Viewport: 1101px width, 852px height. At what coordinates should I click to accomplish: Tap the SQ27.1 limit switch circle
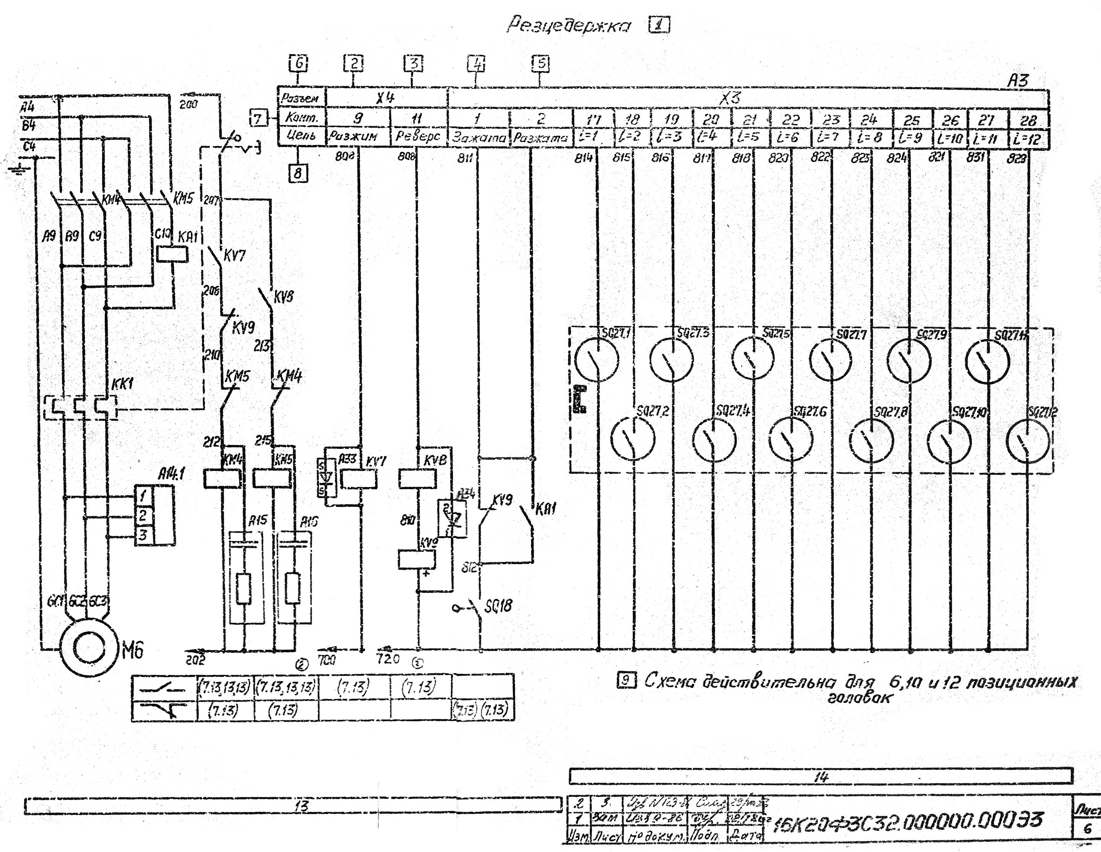click(x=597, y=359)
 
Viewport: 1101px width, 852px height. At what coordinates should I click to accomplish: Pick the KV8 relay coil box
click(x=417, y=479)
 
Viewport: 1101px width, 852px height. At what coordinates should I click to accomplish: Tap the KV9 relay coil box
click(x=416, y=559)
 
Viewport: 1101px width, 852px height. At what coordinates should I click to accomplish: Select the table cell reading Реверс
click(x=419, y=136)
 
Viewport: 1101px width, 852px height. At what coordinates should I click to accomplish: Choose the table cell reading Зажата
click(x=478, y=137)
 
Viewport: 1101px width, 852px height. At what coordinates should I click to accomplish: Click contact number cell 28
click(x=1028, y=120)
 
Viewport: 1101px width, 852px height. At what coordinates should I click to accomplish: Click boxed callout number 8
click(x=298, y=174)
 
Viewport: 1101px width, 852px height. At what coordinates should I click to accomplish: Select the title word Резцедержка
click(x=568, y=25)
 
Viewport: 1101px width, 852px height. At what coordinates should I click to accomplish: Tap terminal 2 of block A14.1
click(x=144, y=515)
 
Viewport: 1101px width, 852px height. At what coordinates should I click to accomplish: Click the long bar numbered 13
click(x=293, y=805)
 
